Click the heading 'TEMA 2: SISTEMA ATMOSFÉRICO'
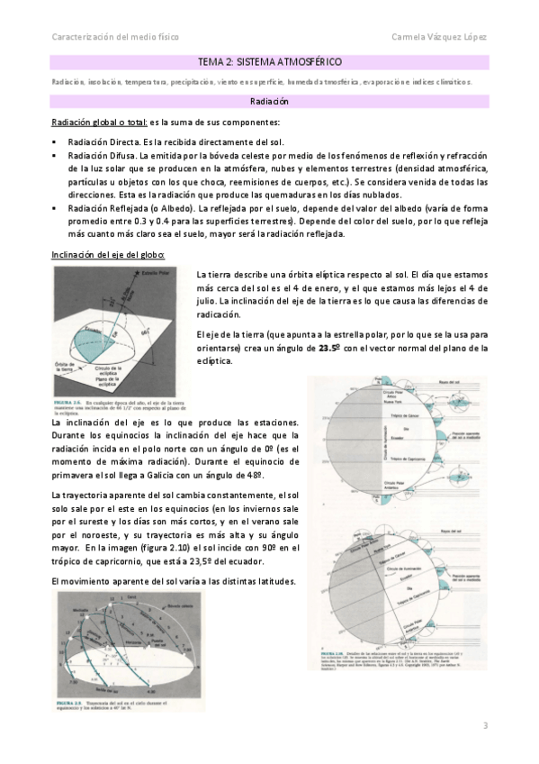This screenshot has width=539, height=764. [x=269, y=61]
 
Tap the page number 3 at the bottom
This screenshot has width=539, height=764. [x=485, y=726]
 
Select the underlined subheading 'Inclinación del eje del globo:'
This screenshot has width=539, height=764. [x=107, y=254]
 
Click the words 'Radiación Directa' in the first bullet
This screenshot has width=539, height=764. [x=100, y=143]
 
